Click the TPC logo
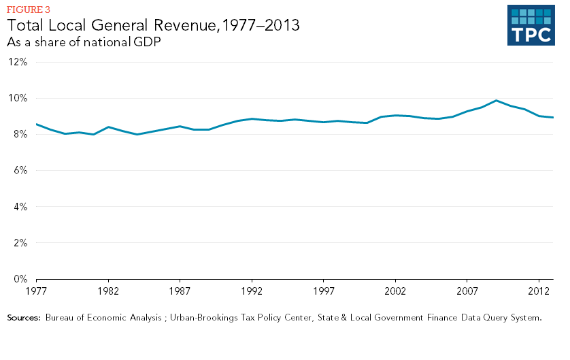(535, 26)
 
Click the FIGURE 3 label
(28, 10)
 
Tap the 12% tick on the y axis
(18, 62)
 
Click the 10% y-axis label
(18, 98)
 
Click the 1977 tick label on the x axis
(36, 290)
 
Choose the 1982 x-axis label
(108, 290)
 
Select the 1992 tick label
(252, 290)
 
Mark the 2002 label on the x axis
(395, 290)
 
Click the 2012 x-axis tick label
(539, 290)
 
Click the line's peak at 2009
(496, 101)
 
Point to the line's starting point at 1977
(36, 124)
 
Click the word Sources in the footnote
(24, 318)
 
